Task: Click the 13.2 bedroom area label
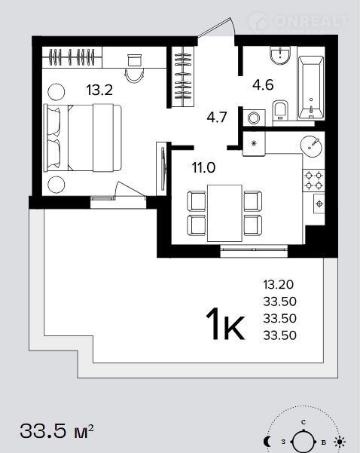tap(99, 90)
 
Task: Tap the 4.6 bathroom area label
tap(263, 85)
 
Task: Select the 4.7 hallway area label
tap(217, 118)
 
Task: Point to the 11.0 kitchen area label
tap(204, 167)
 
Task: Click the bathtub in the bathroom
tap(310, 88)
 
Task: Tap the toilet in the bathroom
tap(280, 110)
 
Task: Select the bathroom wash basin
tap(279, 56)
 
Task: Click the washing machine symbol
tap(254, 118)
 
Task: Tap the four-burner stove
tap(313, 180)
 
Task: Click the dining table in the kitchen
tap(224, 213)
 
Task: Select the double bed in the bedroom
tap(83, 138)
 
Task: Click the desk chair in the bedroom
tap(134, 75)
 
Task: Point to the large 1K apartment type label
tap(225, 323)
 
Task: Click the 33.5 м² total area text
tap(57, 431)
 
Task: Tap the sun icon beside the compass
tap(340, 442)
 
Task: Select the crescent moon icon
tap(267, 442)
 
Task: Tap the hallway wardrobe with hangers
tap(183, 76)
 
